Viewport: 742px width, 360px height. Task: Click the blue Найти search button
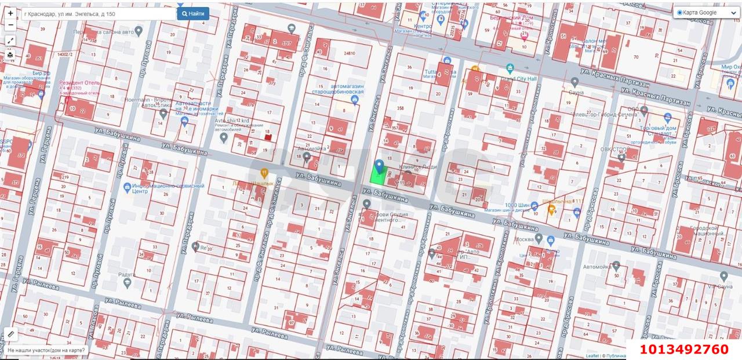coord(193,13)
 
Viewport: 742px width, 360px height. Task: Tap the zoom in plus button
coord(10,13)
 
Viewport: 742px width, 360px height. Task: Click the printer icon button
coord(10,54)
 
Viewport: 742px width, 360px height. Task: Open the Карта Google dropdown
coord(705,13)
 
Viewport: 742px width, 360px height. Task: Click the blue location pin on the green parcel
coord(379,166)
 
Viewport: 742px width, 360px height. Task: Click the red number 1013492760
coord(684,349)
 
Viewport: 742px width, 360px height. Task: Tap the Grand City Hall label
coord(519,78)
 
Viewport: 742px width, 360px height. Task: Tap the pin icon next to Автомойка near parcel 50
coord(617,266)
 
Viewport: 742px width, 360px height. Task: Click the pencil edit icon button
coord(10,334)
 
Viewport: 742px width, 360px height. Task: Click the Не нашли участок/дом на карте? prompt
coord(46,350)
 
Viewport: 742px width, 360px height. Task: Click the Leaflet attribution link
coord(592,356)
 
